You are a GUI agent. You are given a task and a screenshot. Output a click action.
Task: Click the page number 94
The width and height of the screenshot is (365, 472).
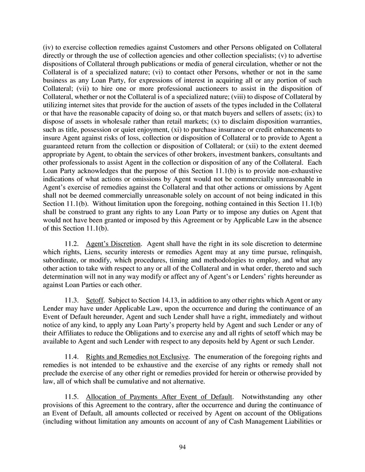182,447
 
